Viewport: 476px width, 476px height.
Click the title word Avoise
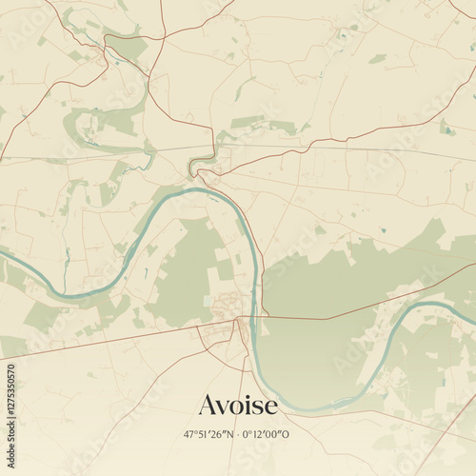(x=238, y=406)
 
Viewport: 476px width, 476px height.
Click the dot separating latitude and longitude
(x=236, y=434)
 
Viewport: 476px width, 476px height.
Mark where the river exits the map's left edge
(x=3, y=254)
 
